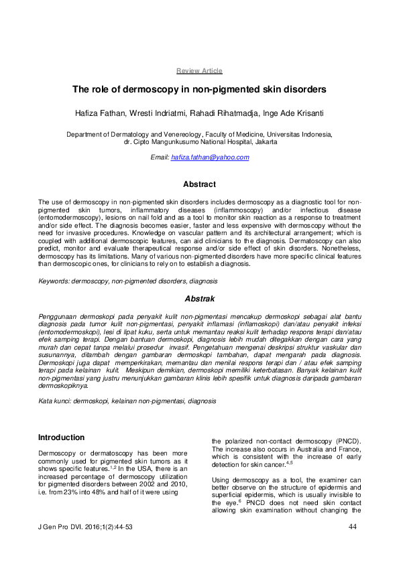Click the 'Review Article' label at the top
point(199,71)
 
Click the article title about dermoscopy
point(199,88)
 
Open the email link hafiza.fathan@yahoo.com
point(210,157)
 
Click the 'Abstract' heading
point(199,184)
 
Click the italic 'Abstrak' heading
point(199,298)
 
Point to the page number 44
point(352,528)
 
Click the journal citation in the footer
point(86,528)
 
